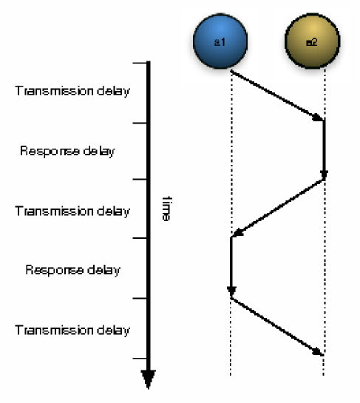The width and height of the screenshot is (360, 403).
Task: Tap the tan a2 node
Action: (312, 43)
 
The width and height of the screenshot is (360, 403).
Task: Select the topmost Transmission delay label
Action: (72, 92)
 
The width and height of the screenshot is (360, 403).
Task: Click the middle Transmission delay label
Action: (72, 211)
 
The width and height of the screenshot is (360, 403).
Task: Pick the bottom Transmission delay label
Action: (72, 330)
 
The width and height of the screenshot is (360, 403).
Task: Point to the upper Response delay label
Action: (67, 152)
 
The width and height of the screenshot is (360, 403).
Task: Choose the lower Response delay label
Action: (72, 270)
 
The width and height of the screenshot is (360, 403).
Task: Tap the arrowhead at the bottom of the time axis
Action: (149, 379)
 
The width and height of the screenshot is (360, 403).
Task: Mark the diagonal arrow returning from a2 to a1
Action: (278, 208)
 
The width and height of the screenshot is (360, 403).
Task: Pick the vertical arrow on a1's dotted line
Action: (231, 266)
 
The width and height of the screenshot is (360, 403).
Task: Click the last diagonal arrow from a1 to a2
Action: (277, 325)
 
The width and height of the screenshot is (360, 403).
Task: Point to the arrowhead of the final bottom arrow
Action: (319, 351)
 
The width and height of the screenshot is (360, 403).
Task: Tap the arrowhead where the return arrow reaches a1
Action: (236, 234)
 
